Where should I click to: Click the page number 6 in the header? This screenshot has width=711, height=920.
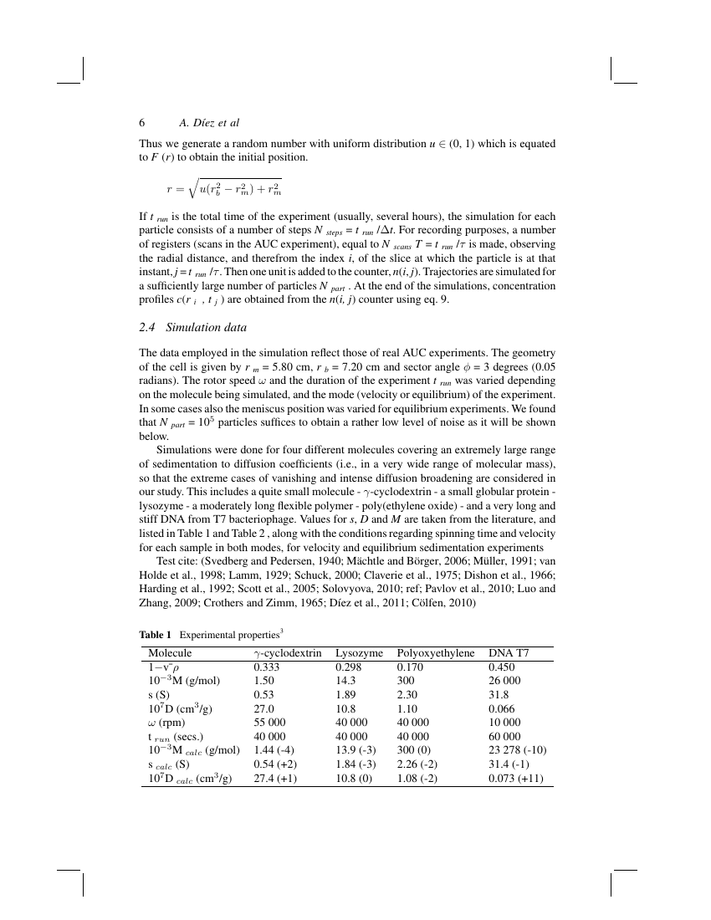143,123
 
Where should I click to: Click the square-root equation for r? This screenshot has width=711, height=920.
224,190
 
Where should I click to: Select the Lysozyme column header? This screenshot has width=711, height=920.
359,653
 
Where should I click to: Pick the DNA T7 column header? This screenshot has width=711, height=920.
508,653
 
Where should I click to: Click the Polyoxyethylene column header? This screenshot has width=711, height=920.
436,653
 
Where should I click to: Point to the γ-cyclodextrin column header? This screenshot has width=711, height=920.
287,653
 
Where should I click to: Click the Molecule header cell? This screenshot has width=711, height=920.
170,653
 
